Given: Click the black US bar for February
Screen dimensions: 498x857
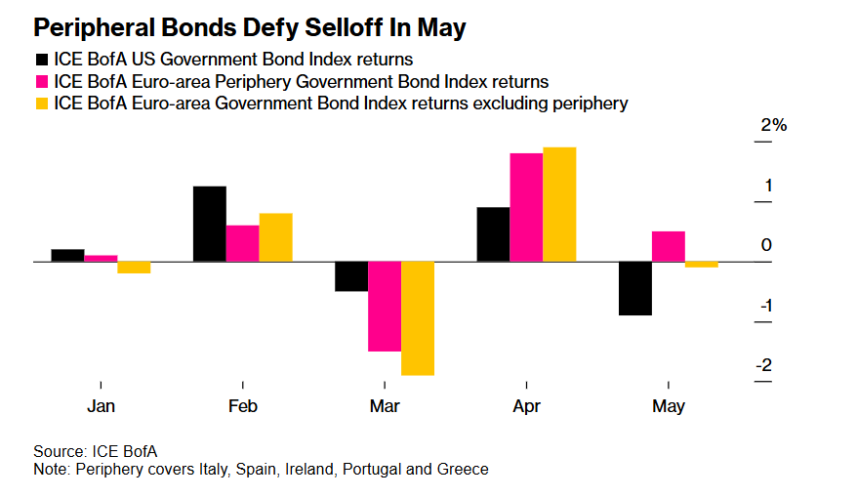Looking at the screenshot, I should (x=210, y=224).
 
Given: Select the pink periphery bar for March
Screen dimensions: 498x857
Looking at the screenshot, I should (x=384, y=306).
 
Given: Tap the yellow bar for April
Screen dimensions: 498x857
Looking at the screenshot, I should (x=559, y=204).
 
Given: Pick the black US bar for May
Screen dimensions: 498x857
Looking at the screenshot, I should (x=634, y=288).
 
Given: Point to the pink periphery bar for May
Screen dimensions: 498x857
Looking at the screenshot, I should (x=668, y=246).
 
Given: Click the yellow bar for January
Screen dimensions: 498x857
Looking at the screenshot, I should (x=134, y=268).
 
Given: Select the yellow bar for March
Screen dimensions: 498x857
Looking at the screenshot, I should (x=418, y=317).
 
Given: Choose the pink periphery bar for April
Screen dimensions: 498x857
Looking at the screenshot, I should (x=526, y=207).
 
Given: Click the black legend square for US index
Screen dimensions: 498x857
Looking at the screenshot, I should (x=42, y=60).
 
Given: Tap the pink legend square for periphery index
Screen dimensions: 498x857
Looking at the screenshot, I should (x=42, y=81).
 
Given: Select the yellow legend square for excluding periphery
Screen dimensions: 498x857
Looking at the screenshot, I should (x=42, y=103).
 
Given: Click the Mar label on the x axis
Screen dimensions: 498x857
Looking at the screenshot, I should (x=385, y=406).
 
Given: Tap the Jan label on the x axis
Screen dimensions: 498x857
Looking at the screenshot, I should (x=101, y=406).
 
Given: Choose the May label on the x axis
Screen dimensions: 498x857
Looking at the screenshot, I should (x=669, y=406).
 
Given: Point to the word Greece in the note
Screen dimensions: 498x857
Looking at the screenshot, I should (x=463, y=469).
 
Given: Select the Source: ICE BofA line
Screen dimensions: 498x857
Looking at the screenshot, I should (x=95, y=450).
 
